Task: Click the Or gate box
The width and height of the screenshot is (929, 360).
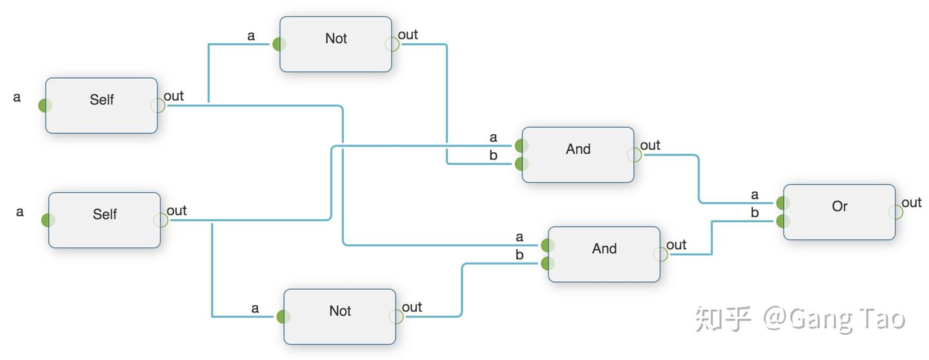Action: pyautogui.click(x=839, y=212)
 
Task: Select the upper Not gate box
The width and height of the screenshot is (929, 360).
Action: pyautogui.click(x=335, y=44)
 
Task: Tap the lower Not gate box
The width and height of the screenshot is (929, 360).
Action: pyautogui.click(x=339, y=316)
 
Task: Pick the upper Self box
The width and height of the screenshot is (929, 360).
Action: pyautogui.click(x=102, y=105)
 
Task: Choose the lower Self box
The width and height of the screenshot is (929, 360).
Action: pyautogui.click(x=105, y=220)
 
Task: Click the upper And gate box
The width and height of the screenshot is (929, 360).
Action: pyautogui.click(x=578, y=155)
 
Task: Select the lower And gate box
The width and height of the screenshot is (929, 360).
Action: pyautogui.click(x=604, y=254)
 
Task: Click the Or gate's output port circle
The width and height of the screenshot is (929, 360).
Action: pyautogui.click(x=896, y=212)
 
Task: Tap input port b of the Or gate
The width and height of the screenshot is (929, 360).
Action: pyautogui.click(x=783, y=221)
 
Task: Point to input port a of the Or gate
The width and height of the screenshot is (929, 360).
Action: pyautogui.click(x=783, y=203)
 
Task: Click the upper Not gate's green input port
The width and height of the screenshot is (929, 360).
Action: pyautogui.click(x=279, y=44)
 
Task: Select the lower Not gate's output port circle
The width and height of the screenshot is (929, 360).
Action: pyautogui.click(x=396, y=316)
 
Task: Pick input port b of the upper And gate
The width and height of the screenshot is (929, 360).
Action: pyautogui.click(x=522, y=164)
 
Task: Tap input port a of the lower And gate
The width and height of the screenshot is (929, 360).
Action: pyautogui.click(x=548, y=245)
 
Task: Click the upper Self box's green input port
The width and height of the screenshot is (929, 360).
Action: pyautogui.click(x=45, y=105)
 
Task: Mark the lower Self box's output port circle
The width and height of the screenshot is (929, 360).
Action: pyautogui.click(x=161, y=220)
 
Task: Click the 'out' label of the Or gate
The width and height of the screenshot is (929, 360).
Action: pyautogui.click(x=912, y=203)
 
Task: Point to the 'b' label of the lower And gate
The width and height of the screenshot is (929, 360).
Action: pyautogui.click(x=519, y=254)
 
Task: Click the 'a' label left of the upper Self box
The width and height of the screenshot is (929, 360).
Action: pyautogui.click(x=17, y=97)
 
